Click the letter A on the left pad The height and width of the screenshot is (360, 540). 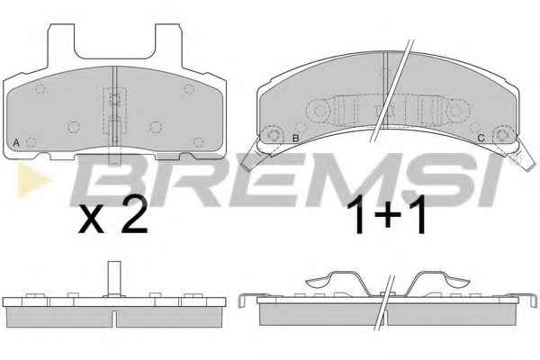tap(16, 142)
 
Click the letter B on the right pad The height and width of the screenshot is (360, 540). tap(295, 138)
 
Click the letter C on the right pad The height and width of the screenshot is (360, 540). tap(481, 138)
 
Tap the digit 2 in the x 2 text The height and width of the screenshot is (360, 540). tap(135, 215)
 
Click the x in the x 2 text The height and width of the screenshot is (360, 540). tap(91, 220)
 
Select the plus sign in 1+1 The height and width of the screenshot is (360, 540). tap(388, 214)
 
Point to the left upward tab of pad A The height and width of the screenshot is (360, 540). tap(60, 45)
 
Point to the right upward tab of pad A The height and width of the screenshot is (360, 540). tap(168, 45)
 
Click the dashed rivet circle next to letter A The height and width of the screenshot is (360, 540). tap(31, 142)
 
